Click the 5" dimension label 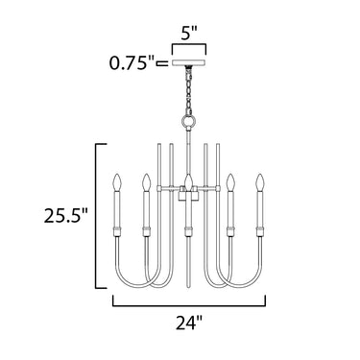pos(189,34)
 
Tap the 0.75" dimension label pos(132,63)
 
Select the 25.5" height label pos(66,216)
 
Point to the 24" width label pos(189,323)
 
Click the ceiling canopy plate pos(189,63)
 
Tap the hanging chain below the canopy pos(189,91)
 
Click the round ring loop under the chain pos(189,121)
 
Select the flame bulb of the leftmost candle pos(117,181)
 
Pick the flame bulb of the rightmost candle pos(259,181)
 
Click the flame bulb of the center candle pos(189,181)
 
